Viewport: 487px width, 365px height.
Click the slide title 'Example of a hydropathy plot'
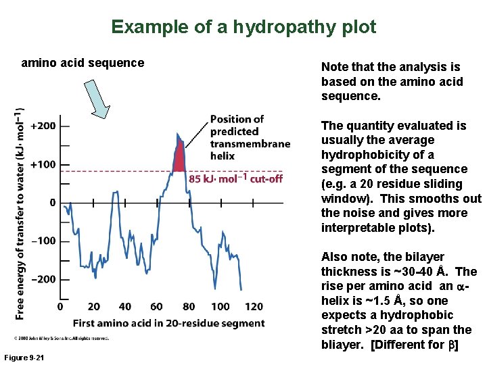click(243, 27)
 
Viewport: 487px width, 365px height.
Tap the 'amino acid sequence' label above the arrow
click(83, 63)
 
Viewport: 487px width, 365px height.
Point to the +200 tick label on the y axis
click(43, 126)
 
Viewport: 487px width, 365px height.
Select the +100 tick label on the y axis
click(43, 164)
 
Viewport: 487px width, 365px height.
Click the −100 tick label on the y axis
click(43, 241)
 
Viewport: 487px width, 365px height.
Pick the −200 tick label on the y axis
click(43, 279)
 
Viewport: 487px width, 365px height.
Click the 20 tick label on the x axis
click(94, 308)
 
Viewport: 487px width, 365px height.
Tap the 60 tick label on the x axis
click(157, 308)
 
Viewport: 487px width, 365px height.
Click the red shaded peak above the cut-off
click(179, 159)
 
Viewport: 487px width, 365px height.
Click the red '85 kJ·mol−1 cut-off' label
click(235, 179)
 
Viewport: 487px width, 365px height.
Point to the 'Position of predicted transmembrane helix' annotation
click(249, 137)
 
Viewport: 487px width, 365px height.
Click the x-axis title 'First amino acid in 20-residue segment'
click(168, 323)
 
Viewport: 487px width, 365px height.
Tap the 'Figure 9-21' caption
click(23, 357)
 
